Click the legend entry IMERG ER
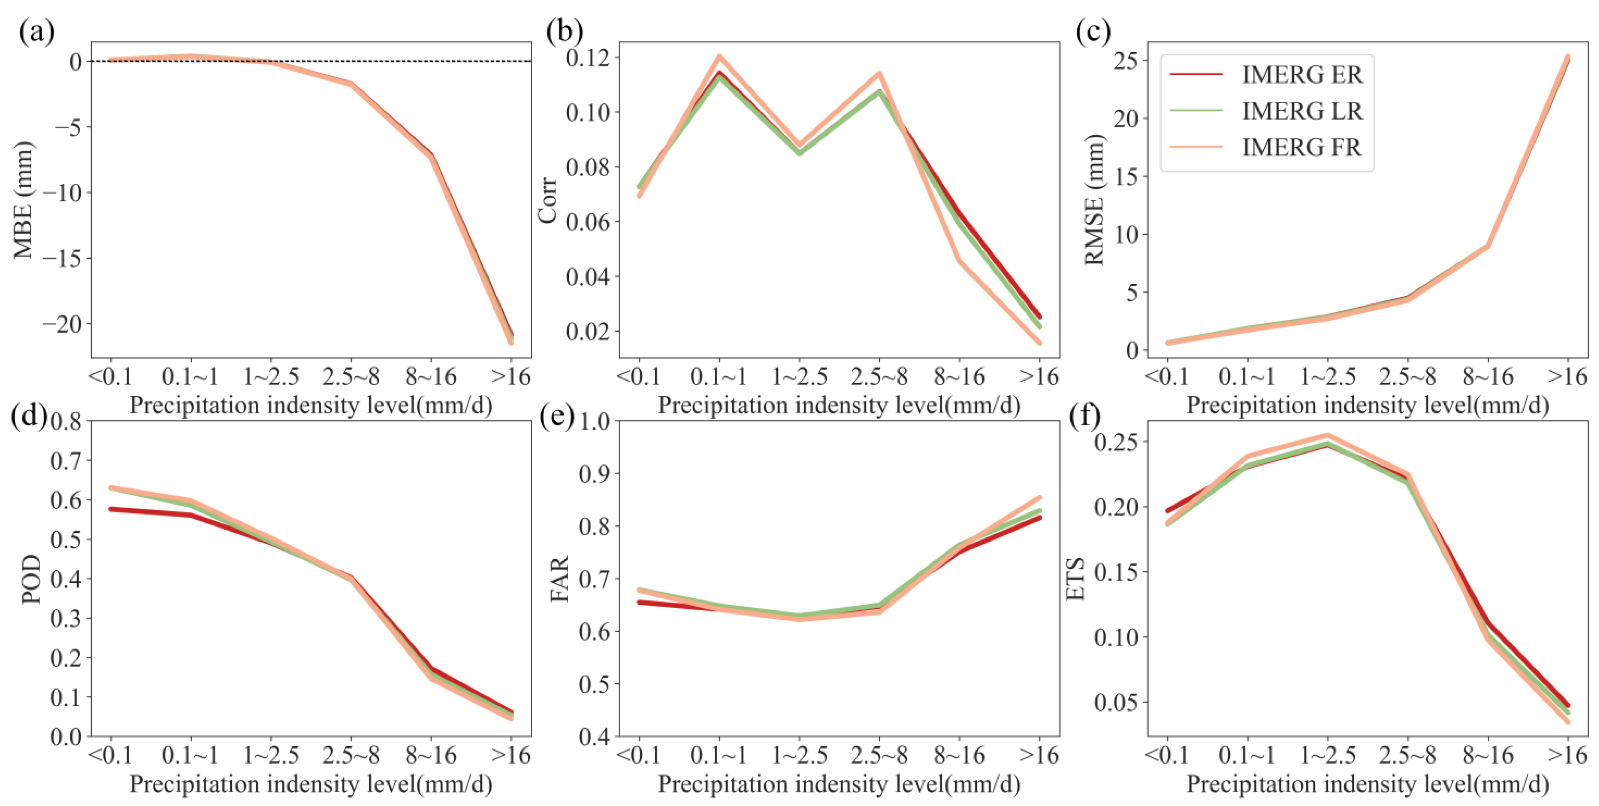[1302, 75]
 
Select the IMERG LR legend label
[1302, 111]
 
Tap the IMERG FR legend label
[1302, 147]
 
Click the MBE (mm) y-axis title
[24, 200]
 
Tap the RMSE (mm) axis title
[1094, 200]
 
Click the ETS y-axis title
[1076, 578]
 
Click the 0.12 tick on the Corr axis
[588, 58]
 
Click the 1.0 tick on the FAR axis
[595, 422]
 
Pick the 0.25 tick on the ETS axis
[1117, 442]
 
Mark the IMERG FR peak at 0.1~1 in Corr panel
[720, 57]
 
